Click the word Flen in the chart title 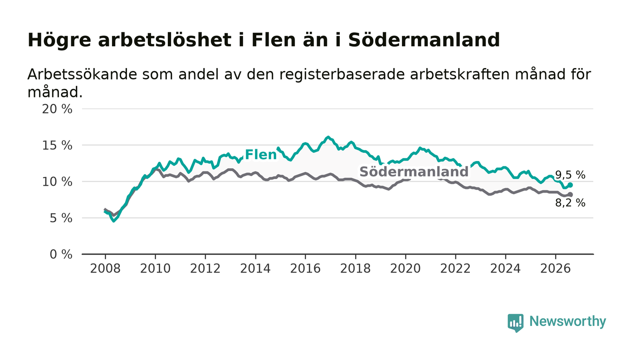pyautogui.click(x=274, y=40)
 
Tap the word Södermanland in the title pyautogui.click(x=424, y=40)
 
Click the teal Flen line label pyautogui.click(x=260, y=155)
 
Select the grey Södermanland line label pyautogui.click(x=414, y=171)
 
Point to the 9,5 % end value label pyautogui.click(x=570, y=175)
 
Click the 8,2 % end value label pyautogui.click(x=570, y=203)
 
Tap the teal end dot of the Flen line pyautogui.click(x=571, y=185)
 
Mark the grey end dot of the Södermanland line pyautogui.click(x=571, y=195)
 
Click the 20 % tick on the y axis pyautogui.click(x=57, y=109)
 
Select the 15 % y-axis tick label pyautogui.click(x=57, y=146)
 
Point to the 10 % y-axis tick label pyautogui.click(x=57, y=182)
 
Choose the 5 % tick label pyautogui.click(x=61, y=218)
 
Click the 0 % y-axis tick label pyautogui.click(x=61, y=254)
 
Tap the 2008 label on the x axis pyautogui.click(x=105, y=268)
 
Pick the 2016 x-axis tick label pyautogui.click(x=305, y=268)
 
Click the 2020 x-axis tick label pyautogui.click(x=405, y=268)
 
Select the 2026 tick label pyautogui.click(x=555, y=268)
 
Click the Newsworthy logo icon pyautogui.click(x=515, y=323)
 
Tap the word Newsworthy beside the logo pyautogui.click(x=567, y=321)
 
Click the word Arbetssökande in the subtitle pyautogui.click(x=82, y=74)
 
